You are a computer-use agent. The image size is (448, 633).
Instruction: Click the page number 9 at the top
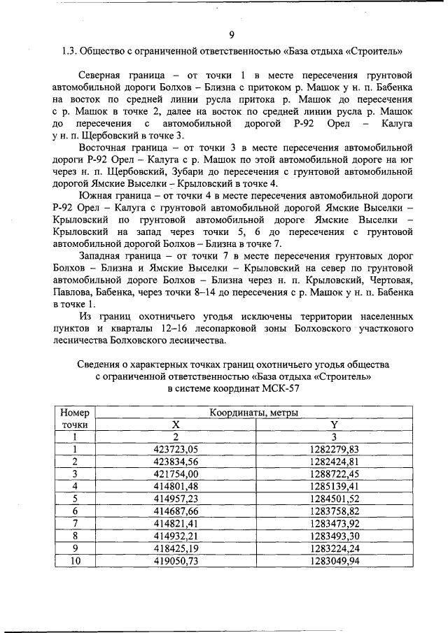[231, 35]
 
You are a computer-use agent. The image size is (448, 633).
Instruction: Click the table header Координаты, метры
[253, 413]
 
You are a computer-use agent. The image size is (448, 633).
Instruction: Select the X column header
[176, 425]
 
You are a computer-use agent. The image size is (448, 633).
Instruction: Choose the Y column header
[334, 425]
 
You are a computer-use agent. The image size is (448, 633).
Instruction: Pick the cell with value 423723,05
[176, 449]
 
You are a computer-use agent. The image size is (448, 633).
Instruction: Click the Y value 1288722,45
[334, 474]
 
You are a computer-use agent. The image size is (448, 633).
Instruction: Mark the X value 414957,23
[176, 498]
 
